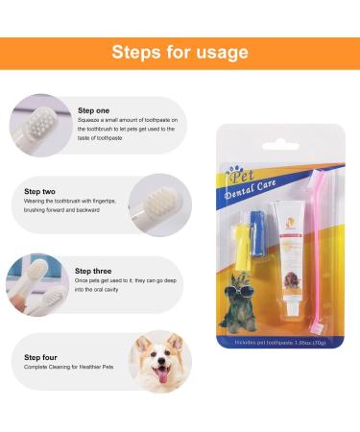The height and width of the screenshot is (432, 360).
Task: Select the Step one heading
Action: (x=94, y=110)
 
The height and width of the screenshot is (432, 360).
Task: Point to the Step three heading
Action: (x=94, y=271)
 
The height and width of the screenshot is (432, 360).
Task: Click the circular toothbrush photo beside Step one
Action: (x=40, y=125)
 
